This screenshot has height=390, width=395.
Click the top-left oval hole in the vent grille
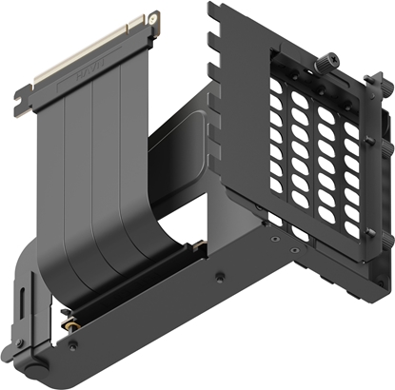[279, 83]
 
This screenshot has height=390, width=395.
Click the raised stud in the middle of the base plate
[221, 277]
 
